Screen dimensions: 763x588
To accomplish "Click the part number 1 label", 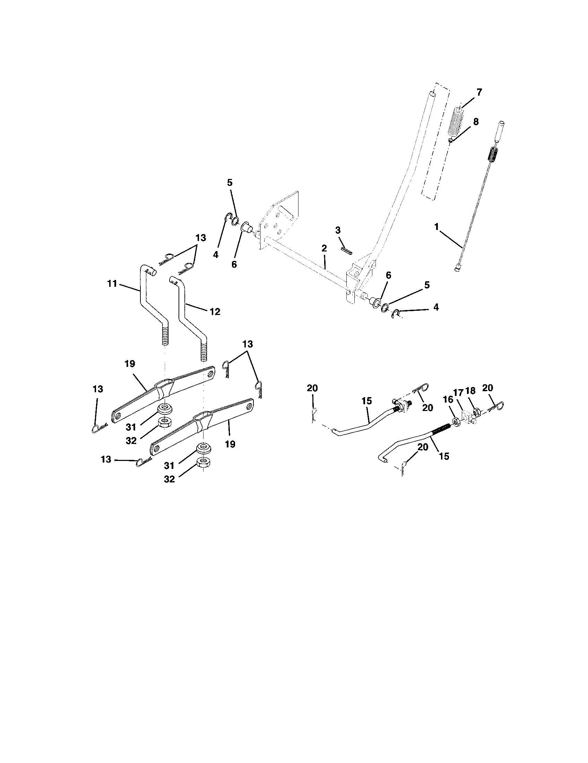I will click(x=436, y=227).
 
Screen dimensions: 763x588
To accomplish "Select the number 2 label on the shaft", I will click(x=324, y=248).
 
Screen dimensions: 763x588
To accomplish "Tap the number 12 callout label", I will click(x=215, y=312).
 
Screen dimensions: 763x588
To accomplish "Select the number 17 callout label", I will click(x=458, y=393).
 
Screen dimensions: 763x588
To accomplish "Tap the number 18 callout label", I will click(x=471, y=391).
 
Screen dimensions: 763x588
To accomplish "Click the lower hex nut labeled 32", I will click(x=202, y=463).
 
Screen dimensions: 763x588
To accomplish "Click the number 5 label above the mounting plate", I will click(x=230, y=183).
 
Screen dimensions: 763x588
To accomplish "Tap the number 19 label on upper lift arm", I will click(x=129, y=364).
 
